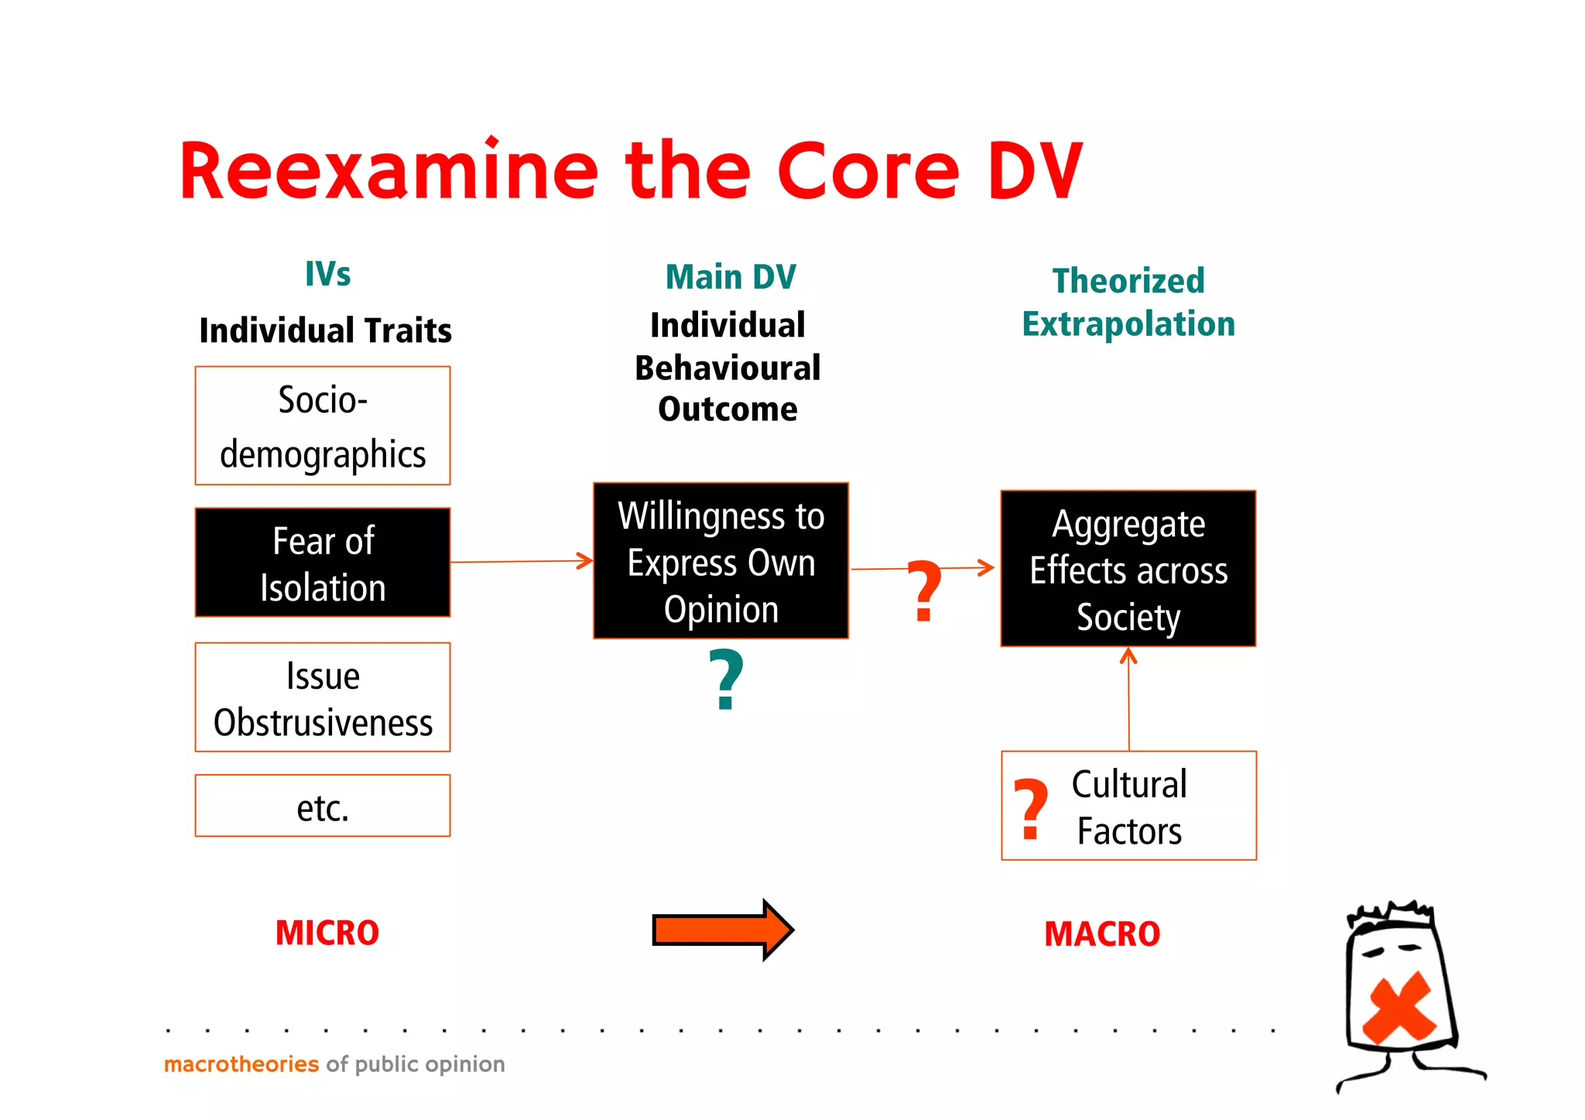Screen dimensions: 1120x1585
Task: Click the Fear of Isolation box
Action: tap(323, 563)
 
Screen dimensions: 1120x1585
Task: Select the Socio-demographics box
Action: tap(323, 426)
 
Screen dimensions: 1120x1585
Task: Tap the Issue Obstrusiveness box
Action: tap(323, 697)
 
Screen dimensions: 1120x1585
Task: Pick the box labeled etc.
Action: tap(323, 806)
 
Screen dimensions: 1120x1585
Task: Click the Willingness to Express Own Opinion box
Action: tap(721, 561)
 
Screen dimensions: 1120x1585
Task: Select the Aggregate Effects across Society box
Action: tap(1128, 569)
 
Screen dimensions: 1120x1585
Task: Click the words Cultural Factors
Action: tap(1129, 807)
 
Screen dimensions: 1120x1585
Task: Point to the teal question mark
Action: tap(726, 680)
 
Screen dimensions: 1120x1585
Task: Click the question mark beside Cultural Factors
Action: tap(1031, 809)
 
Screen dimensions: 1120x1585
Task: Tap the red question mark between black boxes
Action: tap(924, 591)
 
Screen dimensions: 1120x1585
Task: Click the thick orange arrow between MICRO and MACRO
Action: tap(721, 930)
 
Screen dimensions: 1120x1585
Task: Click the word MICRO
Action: tap(327, 933)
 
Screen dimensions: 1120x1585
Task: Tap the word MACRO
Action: tap(1102, 934)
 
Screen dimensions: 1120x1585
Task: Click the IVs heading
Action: tap(327, 274)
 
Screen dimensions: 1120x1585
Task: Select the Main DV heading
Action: tap(731, 277)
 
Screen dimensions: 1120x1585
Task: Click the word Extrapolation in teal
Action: tap(1128, 324)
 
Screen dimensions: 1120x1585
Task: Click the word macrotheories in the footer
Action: tap(241, 1064)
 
